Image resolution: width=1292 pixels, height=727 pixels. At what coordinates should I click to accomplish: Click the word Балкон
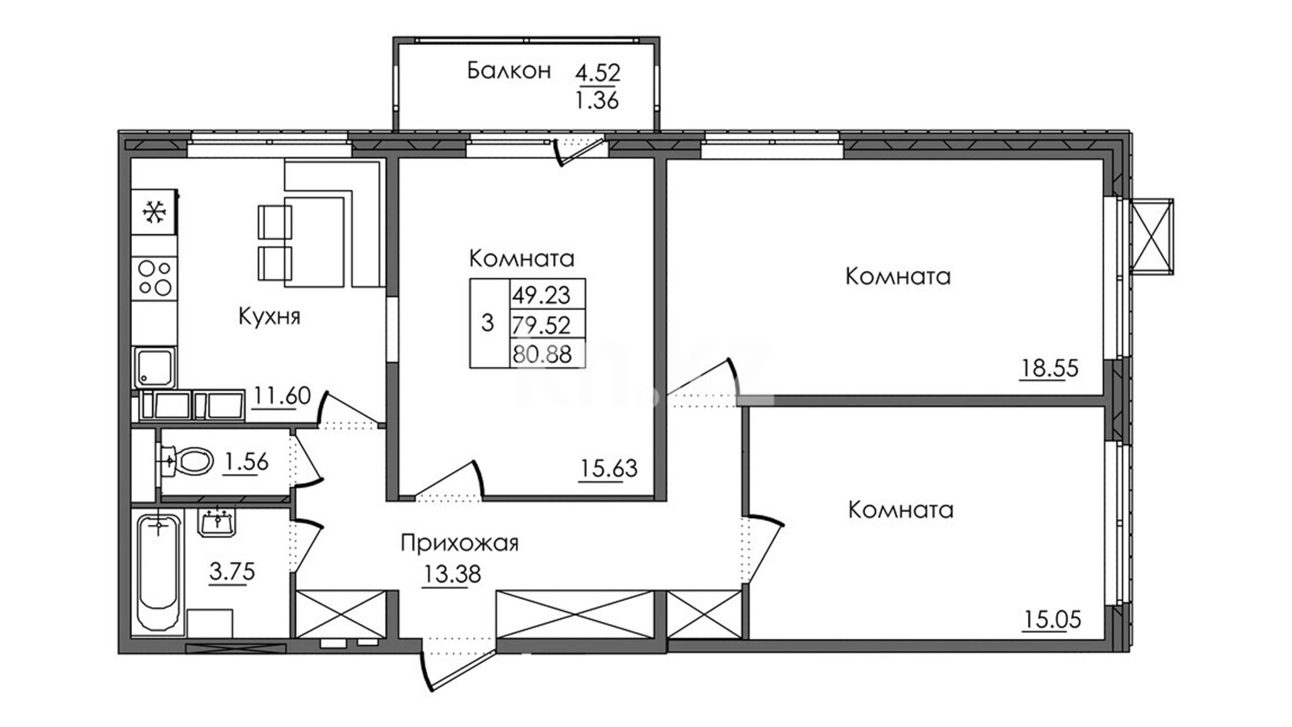(509, 71)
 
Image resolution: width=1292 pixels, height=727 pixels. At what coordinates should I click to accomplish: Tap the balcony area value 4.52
(598, 72)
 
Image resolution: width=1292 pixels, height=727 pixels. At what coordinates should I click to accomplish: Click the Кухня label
(269, 316)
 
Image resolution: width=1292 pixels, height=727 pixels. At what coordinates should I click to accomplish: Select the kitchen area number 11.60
(282, 395)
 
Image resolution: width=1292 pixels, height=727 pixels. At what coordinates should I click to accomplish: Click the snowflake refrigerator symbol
(154, 212)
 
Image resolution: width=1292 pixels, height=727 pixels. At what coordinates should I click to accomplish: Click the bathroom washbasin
(216, 522)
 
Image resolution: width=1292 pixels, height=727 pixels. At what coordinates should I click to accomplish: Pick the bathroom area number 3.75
(232, 572)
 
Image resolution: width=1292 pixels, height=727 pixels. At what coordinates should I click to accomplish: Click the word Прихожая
(460, 543)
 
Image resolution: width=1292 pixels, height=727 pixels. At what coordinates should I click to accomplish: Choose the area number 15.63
(608, 468)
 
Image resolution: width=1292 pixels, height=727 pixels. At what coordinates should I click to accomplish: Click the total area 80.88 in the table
(542, 354)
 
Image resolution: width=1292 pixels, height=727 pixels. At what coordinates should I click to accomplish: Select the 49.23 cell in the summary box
(541, 295)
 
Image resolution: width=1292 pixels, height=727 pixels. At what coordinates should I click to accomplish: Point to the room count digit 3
(488, 323)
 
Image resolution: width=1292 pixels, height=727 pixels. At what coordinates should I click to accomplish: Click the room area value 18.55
(1049, 368)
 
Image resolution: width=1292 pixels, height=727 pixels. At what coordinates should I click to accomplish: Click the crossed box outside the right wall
(1152, 236)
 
